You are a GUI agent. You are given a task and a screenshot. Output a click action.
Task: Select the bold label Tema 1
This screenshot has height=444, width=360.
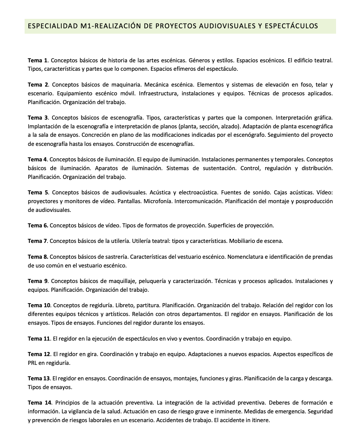(37, 60)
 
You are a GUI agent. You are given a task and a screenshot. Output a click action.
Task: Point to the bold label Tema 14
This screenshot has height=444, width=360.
(39, 403)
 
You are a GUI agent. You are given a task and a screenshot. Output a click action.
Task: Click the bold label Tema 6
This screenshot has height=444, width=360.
(38, 225)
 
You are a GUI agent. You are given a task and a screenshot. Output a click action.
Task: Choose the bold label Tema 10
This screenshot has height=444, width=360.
(39, 305)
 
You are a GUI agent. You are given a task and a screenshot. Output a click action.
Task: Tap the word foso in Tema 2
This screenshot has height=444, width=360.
(306, 85)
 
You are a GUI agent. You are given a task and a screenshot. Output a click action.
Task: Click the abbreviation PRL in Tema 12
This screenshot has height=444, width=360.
(33, 363)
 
